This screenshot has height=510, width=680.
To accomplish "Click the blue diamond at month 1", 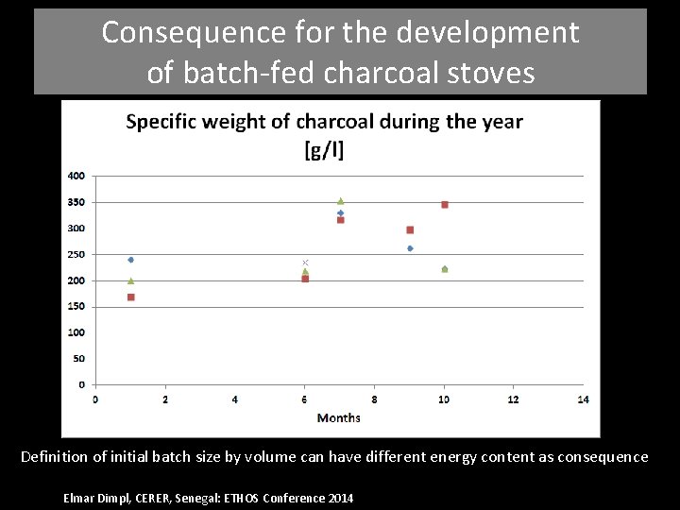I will click(x=130, y=260).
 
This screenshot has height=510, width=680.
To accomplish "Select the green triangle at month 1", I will click(x=130, y=280).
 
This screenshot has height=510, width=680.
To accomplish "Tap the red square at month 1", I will click(x=130, y=297).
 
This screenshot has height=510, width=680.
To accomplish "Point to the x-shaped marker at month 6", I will click(x=305, y=263).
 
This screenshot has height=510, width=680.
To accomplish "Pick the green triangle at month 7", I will click(x=340, y=201).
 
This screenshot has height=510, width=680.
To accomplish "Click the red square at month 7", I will click(x=340, y=220).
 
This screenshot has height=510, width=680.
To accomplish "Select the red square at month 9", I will click(x=410, y=229).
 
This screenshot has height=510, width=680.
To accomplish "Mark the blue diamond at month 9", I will click(x=410, y=248).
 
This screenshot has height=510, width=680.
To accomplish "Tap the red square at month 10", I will click(x=444, y=204).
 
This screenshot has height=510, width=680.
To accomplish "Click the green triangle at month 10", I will click(x=444, y=269).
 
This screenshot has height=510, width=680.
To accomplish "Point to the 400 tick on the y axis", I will click(x=76, y=176).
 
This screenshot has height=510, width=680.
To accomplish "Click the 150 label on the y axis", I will click(x=76, y=307).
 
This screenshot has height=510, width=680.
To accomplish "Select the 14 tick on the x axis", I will click(x=583, y=399).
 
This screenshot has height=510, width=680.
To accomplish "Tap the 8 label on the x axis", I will click(x=374, y=399).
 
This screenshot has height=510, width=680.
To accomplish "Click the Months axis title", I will click(x=338, y=417).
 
